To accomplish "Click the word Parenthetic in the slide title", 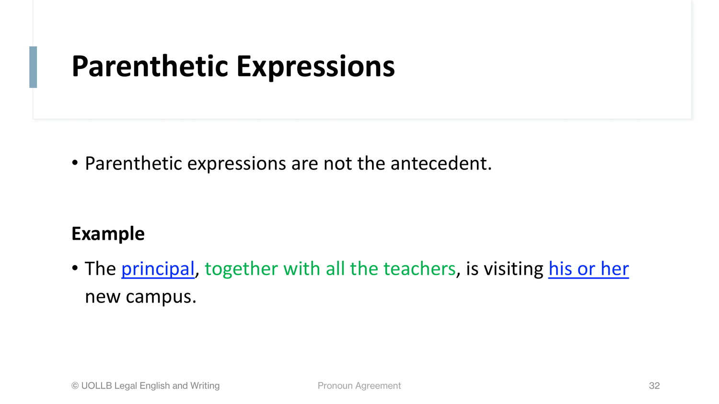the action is (150, 67).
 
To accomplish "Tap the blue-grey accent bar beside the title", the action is (33, 67).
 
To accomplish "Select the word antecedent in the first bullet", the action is (441, 164).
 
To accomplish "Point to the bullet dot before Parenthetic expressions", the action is (75, 163).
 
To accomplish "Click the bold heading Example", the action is (108, 234).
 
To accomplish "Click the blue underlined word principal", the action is (158, 269).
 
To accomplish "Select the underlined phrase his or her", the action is (588, 269).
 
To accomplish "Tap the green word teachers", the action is (419, 269).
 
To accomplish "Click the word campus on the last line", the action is (161, 297).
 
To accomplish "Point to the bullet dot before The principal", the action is (75, 268).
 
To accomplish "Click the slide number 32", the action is (654, 385).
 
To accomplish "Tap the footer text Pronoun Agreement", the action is (359, 386).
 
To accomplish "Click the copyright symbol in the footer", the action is (75, 386).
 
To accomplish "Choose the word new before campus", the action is (103, 297).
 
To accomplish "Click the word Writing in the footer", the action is (205, 386).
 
